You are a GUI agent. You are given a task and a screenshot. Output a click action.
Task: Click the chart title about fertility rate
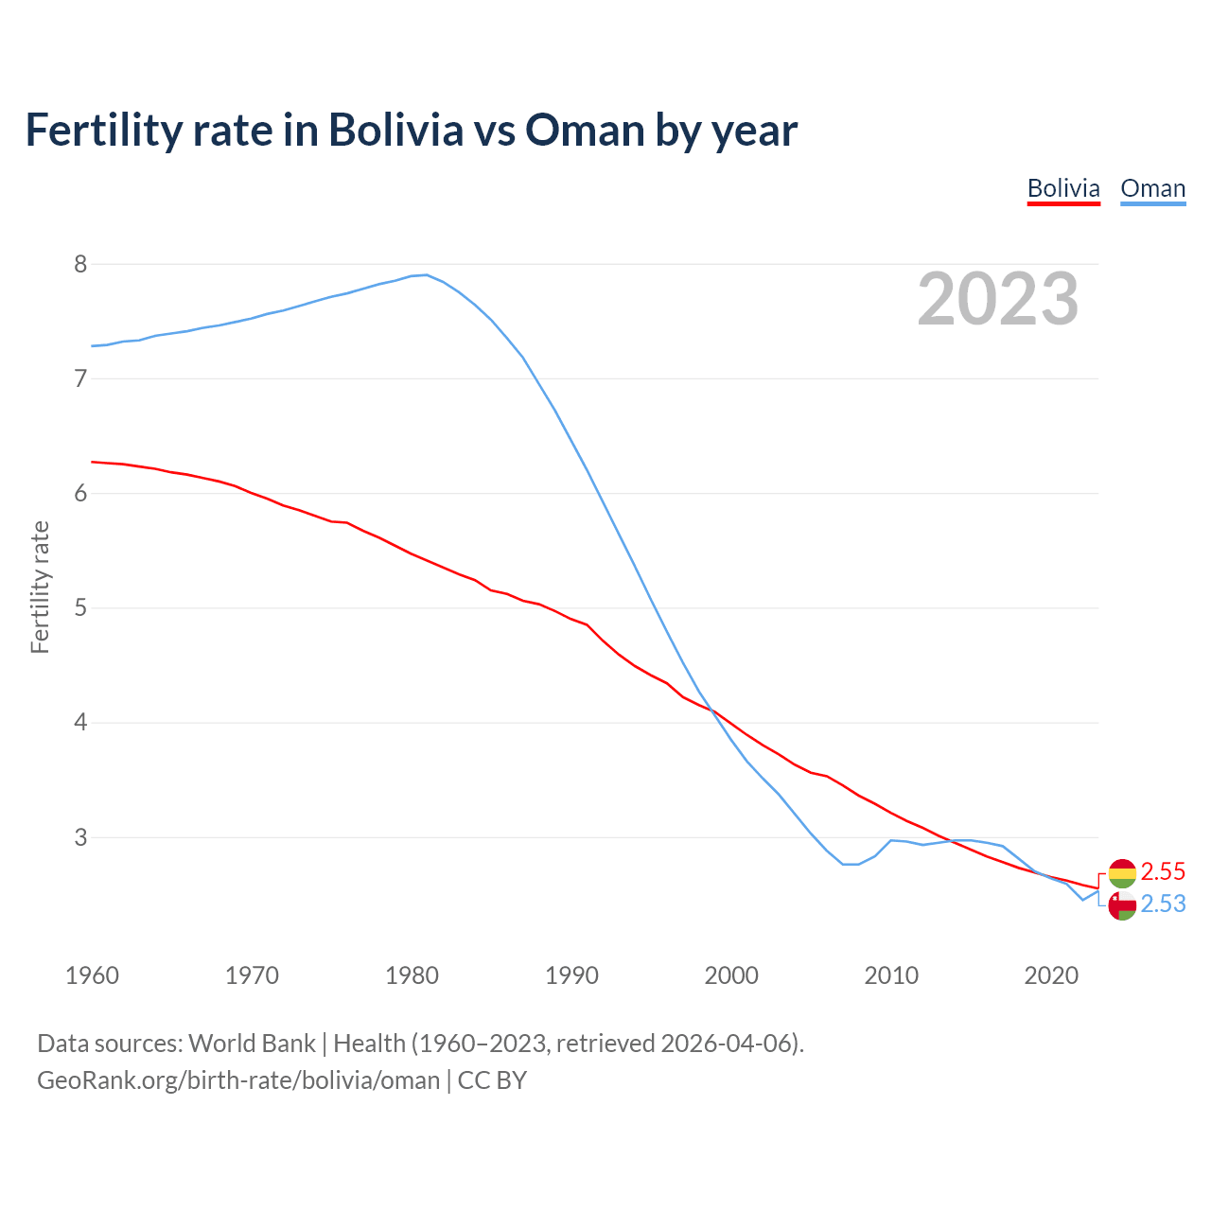click(411, 130)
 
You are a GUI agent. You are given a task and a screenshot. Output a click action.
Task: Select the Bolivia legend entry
click(1063, 188)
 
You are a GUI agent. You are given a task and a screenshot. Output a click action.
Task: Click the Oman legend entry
click(1152, 188)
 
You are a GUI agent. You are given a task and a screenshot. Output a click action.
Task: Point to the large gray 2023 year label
click(998, 299)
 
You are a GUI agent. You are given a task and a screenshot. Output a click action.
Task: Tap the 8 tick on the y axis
click(80, 264)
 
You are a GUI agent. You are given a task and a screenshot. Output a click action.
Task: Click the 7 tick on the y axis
click(80, 378)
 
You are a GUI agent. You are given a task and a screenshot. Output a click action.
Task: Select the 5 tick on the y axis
click(80, 608)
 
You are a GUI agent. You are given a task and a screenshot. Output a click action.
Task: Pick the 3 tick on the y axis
click(80, 837)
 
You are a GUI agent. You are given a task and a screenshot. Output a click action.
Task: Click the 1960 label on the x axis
click(92, 975)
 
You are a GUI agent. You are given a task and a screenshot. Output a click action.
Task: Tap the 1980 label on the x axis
click(412, 975)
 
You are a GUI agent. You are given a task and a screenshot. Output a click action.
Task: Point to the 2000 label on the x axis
click(731, 975)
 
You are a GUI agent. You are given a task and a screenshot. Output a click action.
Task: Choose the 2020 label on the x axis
click(1051, 975)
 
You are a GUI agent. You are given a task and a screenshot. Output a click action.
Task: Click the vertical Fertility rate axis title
click(40, 587)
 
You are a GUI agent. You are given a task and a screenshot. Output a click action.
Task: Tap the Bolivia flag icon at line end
click(1122, 872)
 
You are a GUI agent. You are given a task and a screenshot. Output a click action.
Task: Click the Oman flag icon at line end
click(1122, 905)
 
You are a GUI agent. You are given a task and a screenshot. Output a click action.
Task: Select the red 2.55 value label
click(1163, 871)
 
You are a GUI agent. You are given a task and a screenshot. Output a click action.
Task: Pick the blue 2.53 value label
click(1163, 904)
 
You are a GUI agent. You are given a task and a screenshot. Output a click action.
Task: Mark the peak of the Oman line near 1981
click(427, 275)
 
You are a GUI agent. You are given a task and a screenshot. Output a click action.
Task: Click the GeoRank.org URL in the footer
click(238, 1080)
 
